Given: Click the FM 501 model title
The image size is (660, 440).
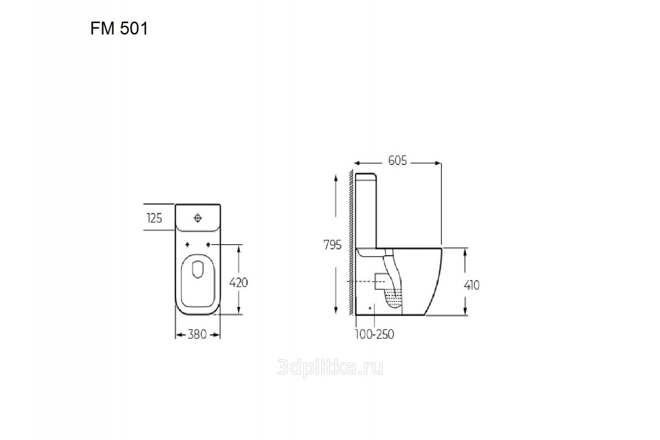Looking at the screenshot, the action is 119,29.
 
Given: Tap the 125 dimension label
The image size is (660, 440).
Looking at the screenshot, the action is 155,218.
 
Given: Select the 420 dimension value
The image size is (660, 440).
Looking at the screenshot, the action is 238,283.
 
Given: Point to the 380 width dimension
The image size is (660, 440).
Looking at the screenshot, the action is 197,334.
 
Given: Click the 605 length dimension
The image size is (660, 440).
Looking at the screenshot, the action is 398,161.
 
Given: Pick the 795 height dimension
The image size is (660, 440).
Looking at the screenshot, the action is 332,245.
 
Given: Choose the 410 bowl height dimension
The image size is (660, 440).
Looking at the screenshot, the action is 471,285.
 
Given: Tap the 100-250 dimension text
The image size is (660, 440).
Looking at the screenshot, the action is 374,334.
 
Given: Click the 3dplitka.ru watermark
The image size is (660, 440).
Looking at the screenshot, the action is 331,367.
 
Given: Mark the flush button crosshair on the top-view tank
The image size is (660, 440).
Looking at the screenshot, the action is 197,218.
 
